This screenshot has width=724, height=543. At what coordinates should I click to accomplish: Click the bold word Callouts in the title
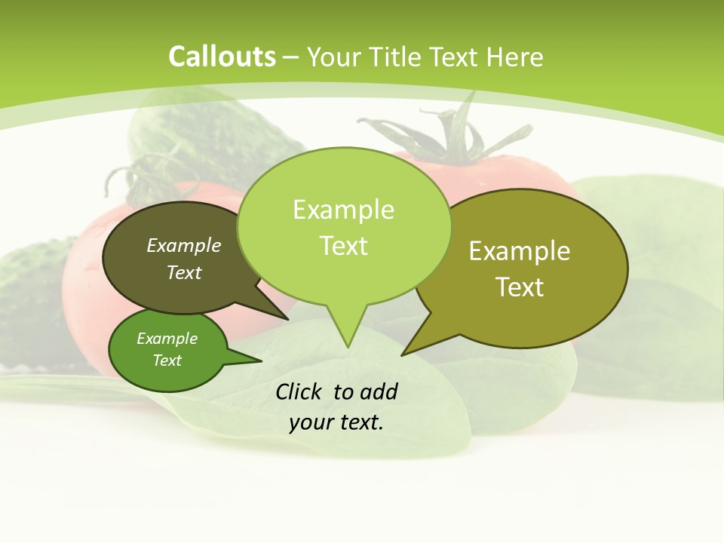pos(222,57)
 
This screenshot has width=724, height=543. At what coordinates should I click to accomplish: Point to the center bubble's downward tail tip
pos(348,346)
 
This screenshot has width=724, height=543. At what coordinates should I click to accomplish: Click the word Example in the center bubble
pos(343,210)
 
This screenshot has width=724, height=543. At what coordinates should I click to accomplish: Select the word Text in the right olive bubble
pos(520,287)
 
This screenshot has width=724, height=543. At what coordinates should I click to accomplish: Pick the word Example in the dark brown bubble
pos(184,246)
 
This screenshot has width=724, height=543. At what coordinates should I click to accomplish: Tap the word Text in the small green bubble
pos(167,360)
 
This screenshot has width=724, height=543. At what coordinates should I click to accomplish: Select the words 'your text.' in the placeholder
pos(336,422)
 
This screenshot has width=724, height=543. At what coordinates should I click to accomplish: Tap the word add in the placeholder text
pos(378,391)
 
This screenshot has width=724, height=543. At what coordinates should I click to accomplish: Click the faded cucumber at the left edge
pos(30,302)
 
